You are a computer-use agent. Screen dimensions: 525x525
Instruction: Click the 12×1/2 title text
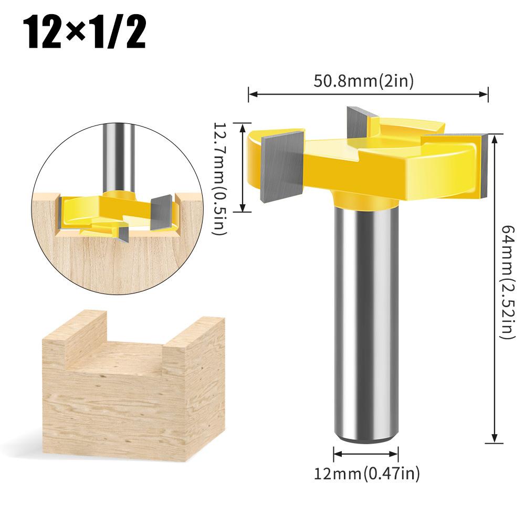pyautogui.click(x=84, y=34)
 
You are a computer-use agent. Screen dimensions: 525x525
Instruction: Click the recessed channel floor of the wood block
pyautogui.click(x=126, y=352)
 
